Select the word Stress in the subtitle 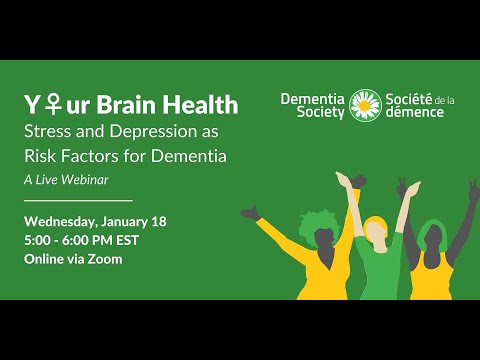coord(46,131)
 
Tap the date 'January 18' coord(149,221)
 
